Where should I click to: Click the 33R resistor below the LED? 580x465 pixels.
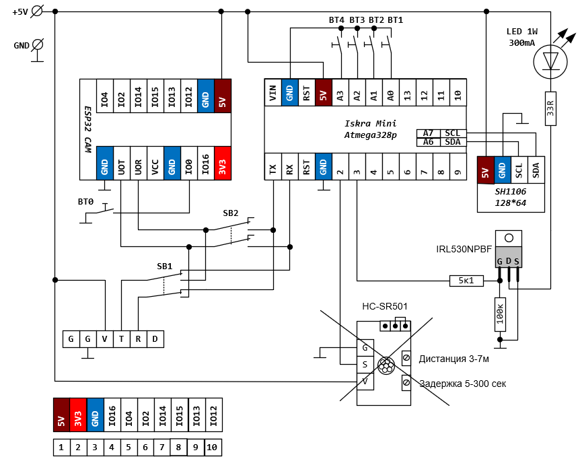550,108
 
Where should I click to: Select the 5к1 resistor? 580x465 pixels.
466,281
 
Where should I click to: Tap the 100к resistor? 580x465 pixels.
500,314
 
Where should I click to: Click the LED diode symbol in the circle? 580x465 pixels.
550,62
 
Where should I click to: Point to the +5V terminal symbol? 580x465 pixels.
37,11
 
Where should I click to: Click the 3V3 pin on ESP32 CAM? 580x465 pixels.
223,163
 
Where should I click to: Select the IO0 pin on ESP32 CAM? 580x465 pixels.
189,163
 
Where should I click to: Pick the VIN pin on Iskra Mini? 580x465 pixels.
273,92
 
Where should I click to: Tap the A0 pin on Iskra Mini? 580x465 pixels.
391,92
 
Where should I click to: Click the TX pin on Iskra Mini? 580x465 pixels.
273,167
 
